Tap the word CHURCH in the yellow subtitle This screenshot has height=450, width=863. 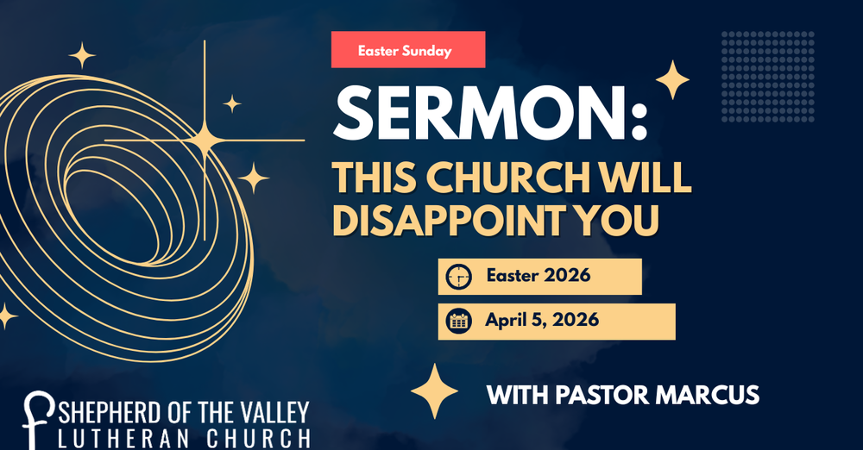[x=507, y=178]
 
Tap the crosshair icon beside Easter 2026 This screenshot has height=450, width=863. [x=458, y=278]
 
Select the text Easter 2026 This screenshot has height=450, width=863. [x=538, y=276]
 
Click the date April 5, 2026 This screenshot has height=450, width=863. [x=542, y=320]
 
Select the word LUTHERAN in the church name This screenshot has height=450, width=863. [x=117, y=437]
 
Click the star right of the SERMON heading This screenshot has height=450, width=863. [x=672, y=80]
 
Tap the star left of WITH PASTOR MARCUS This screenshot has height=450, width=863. [x=434, y=391]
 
